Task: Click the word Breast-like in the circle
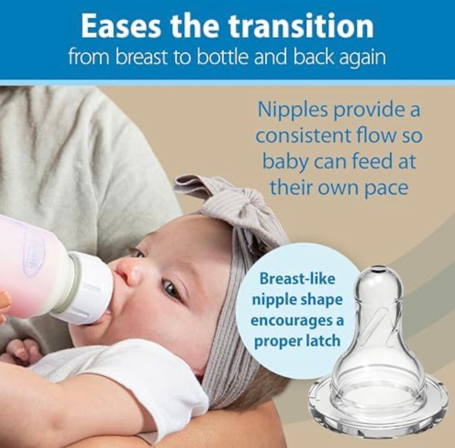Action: (x=297, y=278)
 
